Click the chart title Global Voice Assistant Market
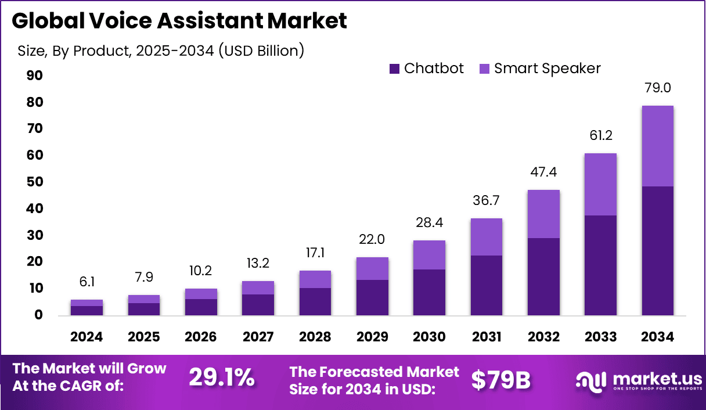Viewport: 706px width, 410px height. click(x=179, y=21)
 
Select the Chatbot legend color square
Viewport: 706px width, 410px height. click(x=395, y=69)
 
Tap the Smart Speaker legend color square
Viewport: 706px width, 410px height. click(x=485, y=69)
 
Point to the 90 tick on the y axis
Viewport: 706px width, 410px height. click(x=34, y=75)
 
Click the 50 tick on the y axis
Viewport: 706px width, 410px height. click(x=34, y=182)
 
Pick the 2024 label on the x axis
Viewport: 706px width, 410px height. click(x=87, y=337)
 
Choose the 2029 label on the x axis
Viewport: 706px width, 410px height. click(x=372, y=337)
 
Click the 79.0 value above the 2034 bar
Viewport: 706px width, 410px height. click(x=658, y=88)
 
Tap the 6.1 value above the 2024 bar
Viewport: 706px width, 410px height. click(x=87, y=282)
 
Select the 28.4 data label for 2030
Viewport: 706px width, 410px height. click(x=429, y=222)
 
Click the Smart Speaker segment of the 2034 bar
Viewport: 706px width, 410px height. click(x=658, y=146)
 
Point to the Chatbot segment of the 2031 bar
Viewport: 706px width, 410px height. click(x=487, y=285)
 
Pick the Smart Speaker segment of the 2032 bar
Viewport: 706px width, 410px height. click(x=543, y=214)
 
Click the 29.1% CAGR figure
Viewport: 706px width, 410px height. click(x=222, y=378)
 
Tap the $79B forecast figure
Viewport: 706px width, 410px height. click(x=500, y=379)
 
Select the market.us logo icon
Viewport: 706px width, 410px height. click(x=590, y=381)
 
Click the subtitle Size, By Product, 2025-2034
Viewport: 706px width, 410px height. click(x=161, y=51)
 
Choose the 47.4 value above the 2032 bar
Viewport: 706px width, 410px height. click(x=543, y=172)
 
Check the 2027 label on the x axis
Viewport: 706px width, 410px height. click(x=258, y=337)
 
